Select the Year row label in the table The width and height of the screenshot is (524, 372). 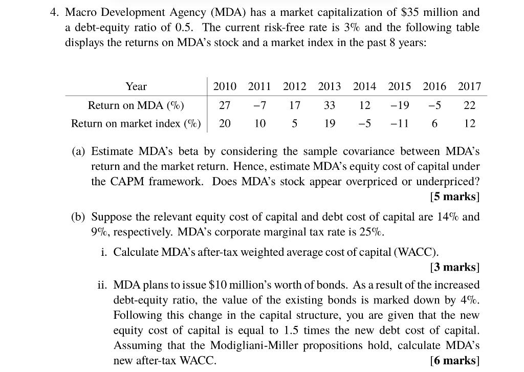136,86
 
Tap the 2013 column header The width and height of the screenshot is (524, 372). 329,86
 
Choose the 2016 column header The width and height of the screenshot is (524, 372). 434,86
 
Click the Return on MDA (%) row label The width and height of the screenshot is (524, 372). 136,105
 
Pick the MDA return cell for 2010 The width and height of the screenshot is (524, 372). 224,105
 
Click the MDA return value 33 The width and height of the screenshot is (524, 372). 329,105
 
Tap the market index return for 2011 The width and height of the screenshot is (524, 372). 260,123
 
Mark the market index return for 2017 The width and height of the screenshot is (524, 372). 470,123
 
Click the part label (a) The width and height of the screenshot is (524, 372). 78,151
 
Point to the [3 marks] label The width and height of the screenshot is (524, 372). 455,267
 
